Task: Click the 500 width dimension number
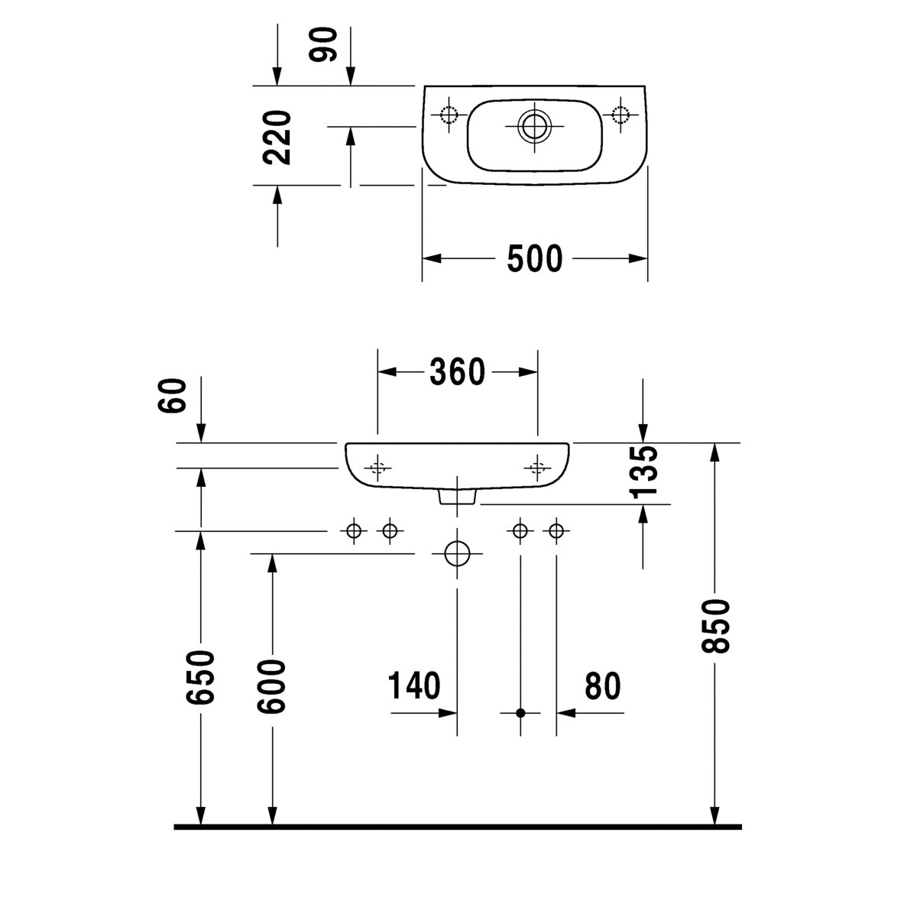point(534,258)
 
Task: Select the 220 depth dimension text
point(277,138)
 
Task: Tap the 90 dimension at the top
point(323,45)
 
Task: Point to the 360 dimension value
point(457,371)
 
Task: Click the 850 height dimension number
point(715,626)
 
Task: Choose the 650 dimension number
point(200,677)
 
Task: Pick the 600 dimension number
point(271,686)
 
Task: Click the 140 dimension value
point(414,685)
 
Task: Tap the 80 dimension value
point(602,685)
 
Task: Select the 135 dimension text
point(644,471)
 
